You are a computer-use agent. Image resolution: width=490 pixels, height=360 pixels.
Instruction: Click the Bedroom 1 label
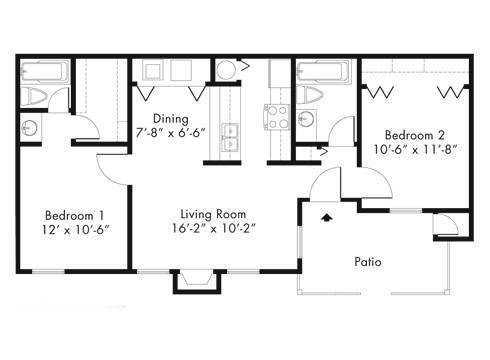(74, 215)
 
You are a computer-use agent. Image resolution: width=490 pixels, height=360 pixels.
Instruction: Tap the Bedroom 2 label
(415, 135)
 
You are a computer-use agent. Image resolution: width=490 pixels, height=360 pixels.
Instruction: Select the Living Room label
(213, 214)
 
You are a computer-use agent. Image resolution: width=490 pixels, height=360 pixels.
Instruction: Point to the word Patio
(368, 262)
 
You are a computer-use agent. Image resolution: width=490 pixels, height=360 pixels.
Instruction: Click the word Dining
(171, 118)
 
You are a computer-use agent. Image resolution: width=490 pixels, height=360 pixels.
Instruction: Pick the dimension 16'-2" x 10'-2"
(214, 228)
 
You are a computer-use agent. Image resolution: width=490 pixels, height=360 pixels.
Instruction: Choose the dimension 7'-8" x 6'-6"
(170, 133)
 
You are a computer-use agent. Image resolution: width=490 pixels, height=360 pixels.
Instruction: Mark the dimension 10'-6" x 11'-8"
(414, 149)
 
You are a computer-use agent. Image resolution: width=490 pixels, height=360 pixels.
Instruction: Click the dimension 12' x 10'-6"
(76, 230)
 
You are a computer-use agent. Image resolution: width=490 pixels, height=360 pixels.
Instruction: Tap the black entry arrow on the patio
(327, 217)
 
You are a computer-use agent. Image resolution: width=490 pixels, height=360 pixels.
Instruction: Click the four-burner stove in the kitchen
(276, 117)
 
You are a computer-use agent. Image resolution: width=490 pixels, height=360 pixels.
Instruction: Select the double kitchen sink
(230, 137)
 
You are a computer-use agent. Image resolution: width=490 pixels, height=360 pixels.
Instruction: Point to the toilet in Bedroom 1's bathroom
(34, 97)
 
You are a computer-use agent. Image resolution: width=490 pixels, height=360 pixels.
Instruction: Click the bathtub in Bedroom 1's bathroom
(45, 71)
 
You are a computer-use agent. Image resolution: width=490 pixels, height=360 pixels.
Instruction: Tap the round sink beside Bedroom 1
(30, 128)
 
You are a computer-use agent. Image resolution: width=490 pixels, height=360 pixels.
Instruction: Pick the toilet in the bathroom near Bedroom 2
(309, 95)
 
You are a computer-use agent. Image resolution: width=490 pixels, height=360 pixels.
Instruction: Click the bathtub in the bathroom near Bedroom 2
(323, 71)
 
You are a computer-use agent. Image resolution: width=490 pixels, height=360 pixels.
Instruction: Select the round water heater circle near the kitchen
(226, 70)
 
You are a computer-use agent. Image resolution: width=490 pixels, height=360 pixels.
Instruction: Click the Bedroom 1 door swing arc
(107, 170)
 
